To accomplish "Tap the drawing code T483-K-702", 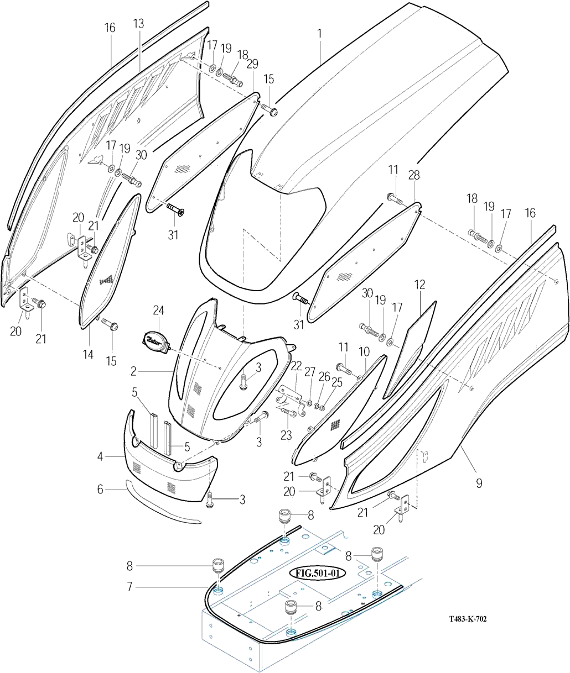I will point(468,619).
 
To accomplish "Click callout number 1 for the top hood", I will point(319,34).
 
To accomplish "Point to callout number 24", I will point(159,311).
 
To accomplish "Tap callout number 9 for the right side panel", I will point(479,483).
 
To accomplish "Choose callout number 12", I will point(421,285).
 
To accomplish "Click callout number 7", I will point(129,586).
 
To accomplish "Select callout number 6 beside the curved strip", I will point(100,489).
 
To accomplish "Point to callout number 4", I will point(100,456).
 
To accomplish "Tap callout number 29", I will point(252,64).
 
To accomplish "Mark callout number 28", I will point(414,175).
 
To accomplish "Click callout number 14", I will point(89,354).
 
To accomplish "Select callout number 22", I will point(297,366).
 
